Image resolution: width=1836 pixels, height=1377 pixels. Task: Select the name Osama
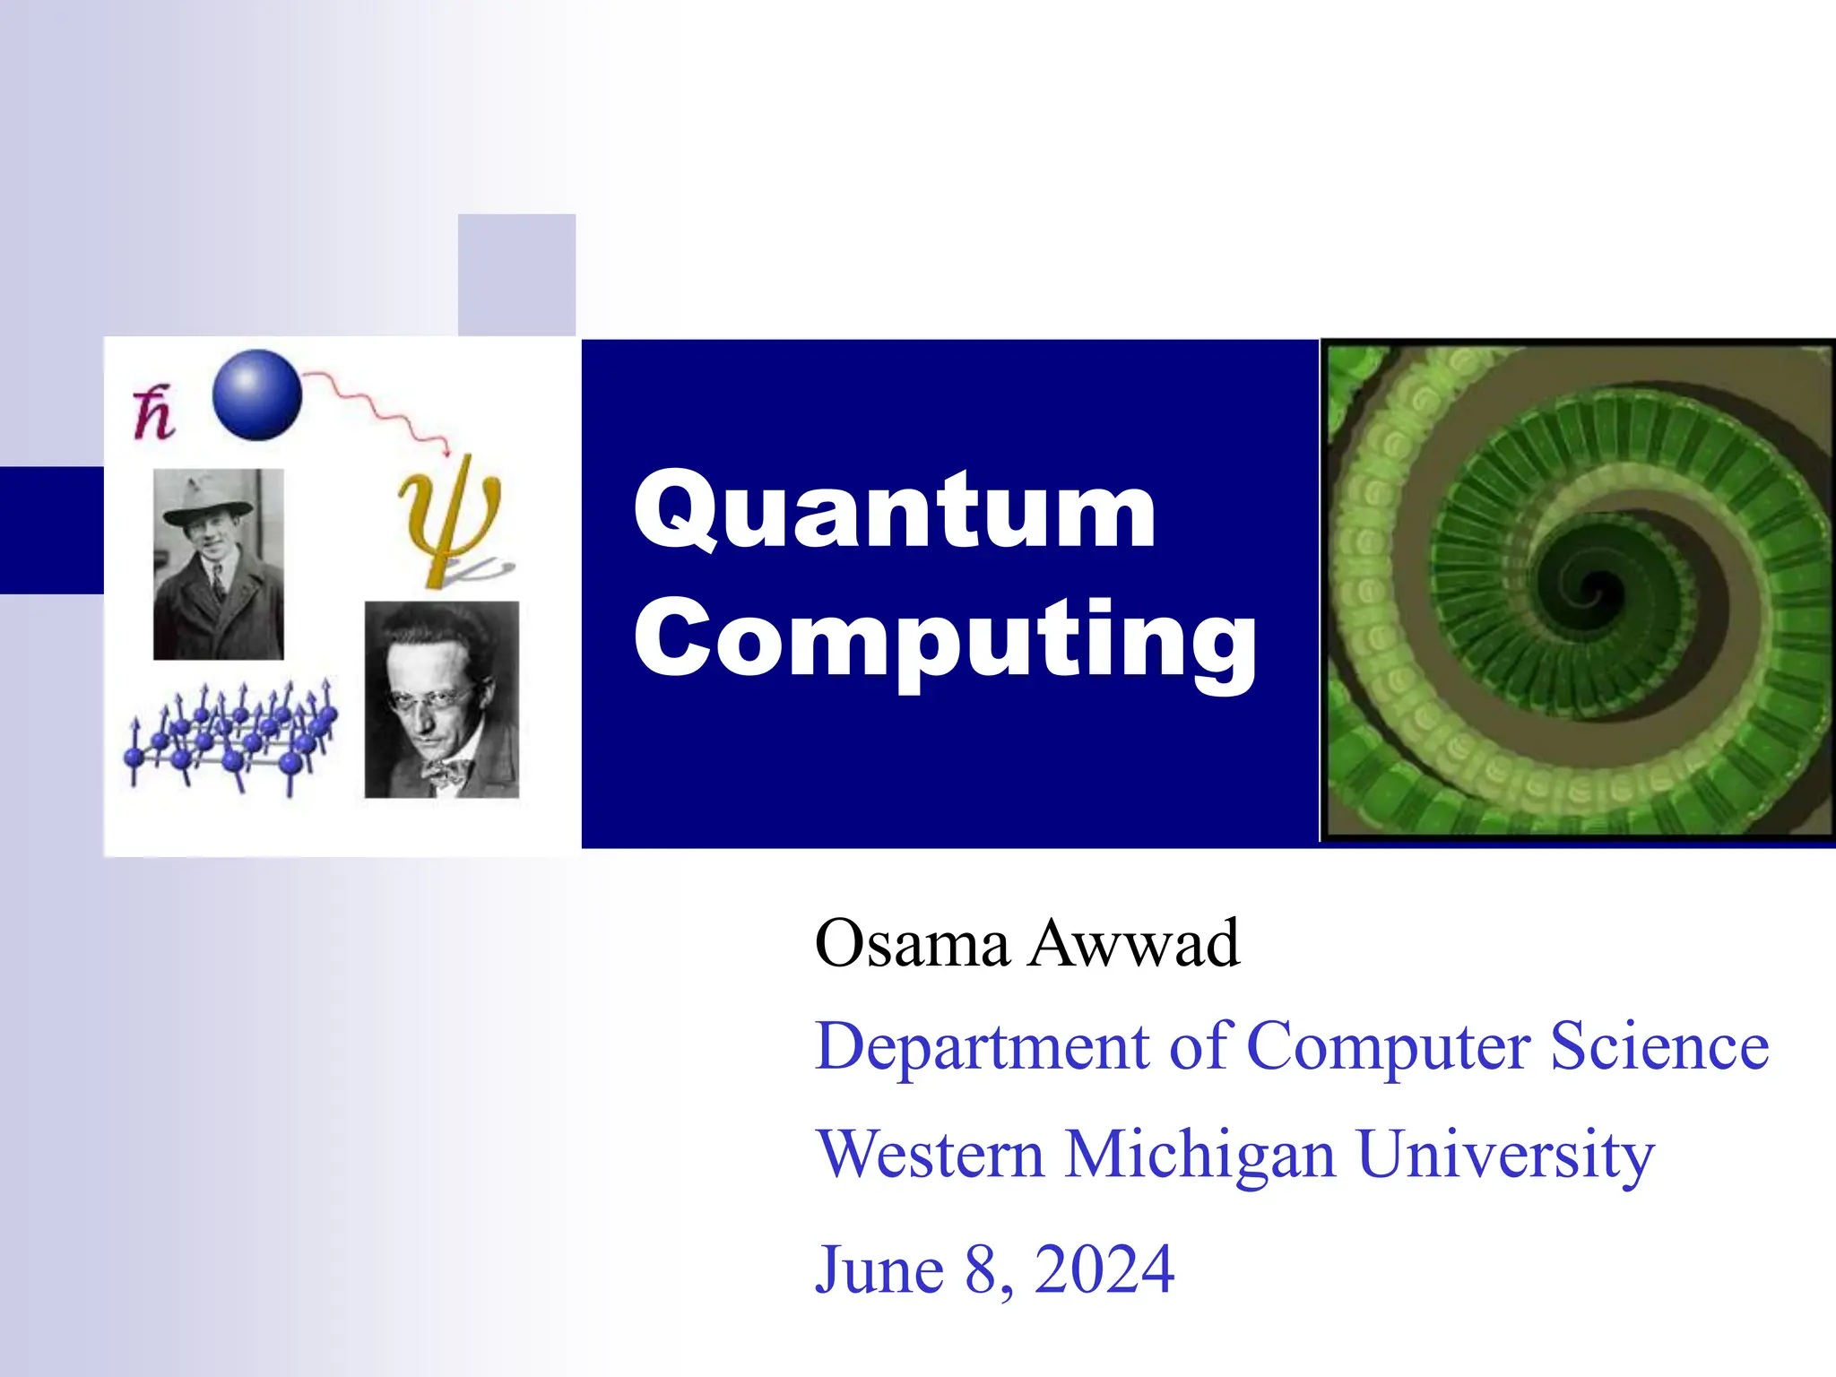tap(912, 944)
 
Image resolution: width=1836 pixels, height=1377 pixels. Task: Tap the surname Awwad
tap(1134, 944)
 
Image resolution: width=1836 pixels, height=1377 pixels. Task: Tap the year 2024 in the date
tap(1104, 1269)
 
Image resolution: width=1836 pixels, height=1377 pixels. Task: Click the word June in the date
tap(879, 1269)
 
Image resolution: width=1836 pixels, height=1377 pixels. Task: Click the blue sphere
tap(257, 394)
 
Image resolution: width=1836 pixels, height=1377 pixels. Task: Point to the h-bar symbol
tap(153, 414)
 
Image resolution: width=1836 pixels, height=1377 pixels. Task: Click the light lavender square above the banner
tap(516, 274)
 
